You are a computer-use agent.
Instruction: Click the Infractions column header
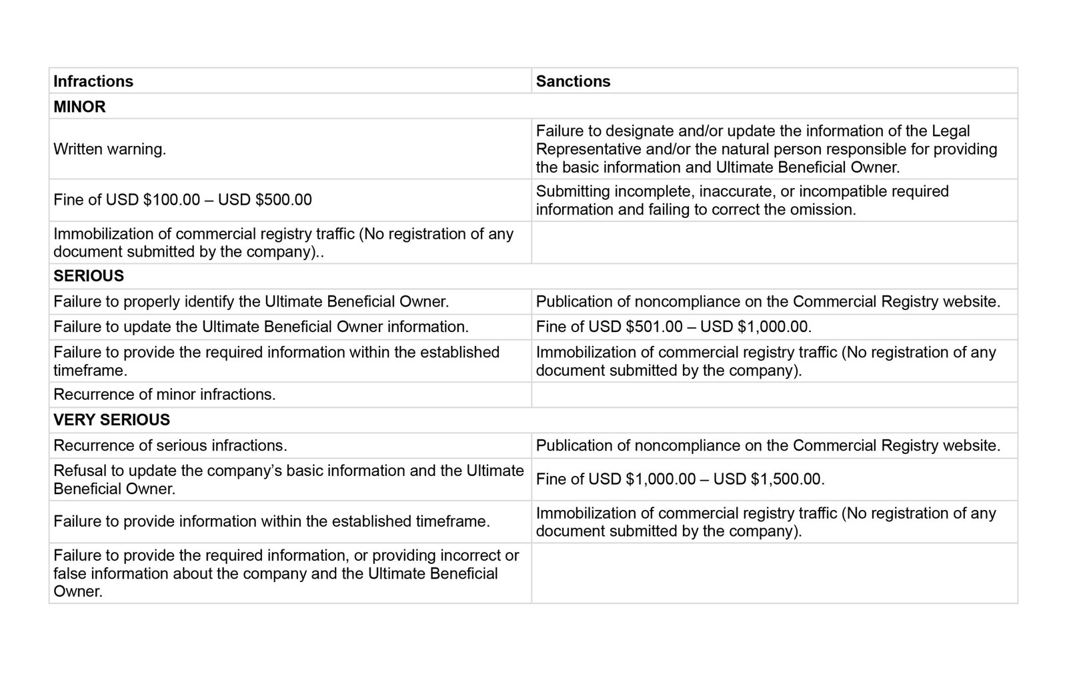(x=93, y=81)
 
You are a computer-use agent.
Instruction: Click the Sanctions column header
(x=573, y=81)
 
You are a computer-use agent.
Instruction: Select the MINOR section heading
(x=79, y=107)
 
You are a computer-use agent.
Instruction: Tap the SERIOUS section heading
(x=89, y=276)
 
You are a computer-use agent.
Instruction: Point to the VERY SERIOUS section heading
(x=111, y=420)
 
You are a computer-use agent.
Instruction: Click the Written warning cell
(x=110, y=149)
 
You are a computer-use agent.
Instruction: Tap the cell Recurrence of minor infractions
(x=164, y=395)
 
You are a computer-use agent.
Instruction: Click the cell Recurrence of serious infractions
(x=170, y=445)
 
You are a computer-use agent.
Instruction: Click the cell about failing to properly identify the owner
(x=251, y=302)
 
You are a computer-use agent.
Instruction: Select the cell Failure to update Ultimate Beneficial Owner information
(x=261, y=327)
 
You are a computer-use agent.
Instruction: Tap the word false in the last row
(x=69, y=574)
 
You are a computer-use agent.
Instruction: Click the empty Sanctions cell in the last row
(x=774, y=573)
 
